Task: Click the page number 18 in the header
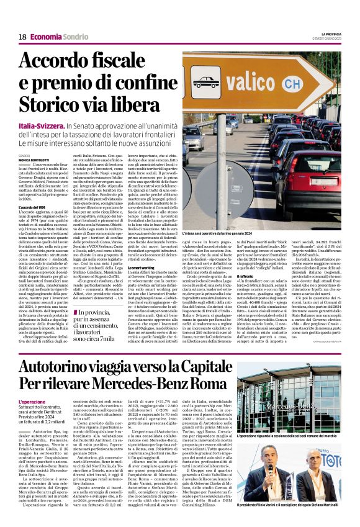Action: [22, 37]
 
